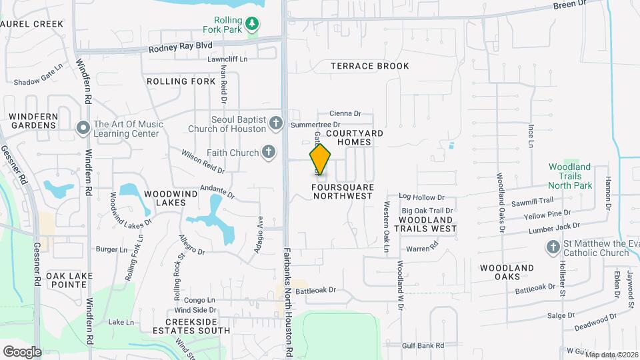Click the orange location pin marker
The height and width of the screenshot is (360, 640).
coord(320,159)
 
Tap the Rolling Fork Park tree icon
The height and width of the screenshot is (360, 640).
coord(252,25)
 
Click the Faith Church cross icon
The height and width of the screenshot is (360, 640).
coord(269,153)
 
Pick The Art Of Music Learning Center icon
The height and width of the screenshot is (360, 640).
coord(83,127)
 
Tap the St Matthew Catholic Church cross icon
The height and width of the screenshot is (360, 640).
coord(552,248)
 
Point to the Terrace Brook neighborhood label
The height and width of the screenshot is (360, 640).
coord(370,66)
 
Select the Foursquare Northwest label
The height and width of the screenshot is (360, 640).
coord(342,192)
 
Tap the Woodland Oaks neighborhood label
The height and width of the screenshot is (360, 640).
coord(507,273)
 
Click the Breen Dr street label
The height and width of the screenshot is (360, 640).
coord(569,5)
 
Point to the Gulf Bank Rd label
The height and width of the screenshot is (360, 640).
coord(423,345)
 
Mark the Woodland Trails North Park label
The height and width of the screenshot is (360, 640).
coord(569,175)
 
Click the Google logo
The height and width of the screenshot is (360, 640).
coord(22,351)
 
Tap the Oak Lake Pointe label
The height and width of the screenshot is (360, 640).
coord(66,279)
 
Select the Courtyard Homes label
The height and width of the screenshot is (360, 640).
coord(360,138)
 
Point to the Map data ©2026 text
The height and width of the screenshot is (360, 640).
coord(611,355)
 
